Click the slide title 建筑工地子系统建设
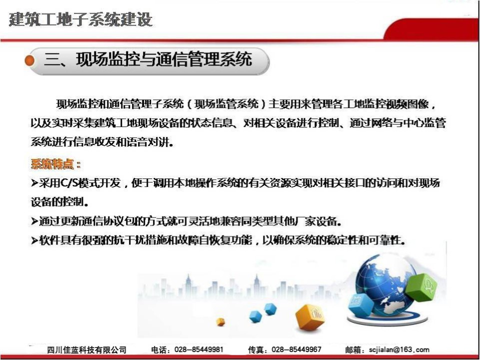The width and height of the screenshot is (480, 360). tap(80, 19)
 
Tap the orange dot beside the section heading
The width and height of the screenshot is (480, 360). tap(29, 60)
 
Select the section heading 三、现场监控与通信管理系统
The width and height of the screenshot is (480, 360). tap(148, 59)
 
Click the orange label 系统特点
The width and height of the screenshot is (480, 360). tap(52, 164)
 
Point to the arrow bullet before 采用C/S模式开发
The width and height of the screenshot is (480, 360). tap(34, 183)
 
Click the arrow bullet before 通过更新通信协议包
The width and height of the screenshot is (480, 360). tap(34, 221)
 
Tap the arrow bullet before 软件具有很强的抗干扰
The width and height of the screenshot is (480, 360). tap(34, 240)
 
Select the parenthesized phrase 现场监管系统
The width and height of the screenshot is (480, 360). tap(226, 104)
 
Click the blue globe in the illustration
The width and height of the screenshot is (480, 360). tap(386, 284)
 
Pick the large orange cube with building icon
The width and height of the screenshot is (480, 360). tap(310, 317)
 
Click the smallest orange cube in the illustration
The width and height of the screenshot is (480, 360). tap(220, 321)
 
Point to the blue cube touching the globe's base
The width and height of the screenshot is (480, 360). tap(361, 305)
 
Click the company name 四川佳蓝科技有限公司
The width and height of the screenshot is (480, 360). tap(86, 349)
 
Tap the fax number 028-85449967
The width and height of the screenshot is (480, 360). tap(296, 349)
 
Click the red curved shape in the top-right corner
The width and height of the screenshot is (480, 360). tap(431, 29)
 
